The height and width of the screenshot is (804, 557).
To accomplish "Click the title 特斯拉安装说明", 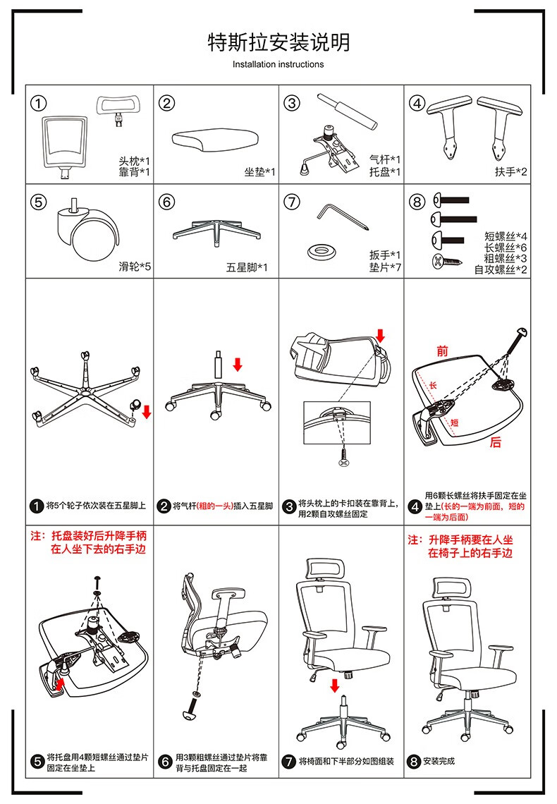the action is click(278, 42).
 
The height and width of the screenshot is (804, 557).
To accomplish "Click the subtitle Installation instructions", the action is click(278, 64).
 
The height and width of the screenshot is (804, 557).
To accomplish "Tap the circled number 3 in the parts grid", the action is click(292, 104).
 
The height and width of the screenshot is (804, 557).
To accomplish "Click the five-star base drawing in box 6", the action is click(215, 233).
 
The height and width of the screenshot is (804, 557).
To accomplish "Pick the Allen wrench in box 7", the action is click(341, 216).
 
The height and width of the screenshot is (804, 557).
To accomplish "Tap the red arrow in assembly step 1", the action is click(147, 411).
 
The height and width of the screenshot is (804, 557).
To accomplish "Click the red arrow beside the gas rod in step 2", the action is click(238, 364).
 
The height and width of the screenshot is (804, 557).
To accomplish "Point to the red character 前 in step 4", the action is click(442, 351).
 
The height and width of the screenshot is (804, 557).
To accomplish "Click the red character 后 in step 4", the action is click(496, 442).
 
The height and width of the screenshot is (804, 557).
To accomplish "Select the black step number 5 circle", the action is click(37, 762).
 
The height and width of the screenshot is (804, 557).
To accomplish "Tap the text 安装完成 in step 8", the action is click(439, 762).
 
